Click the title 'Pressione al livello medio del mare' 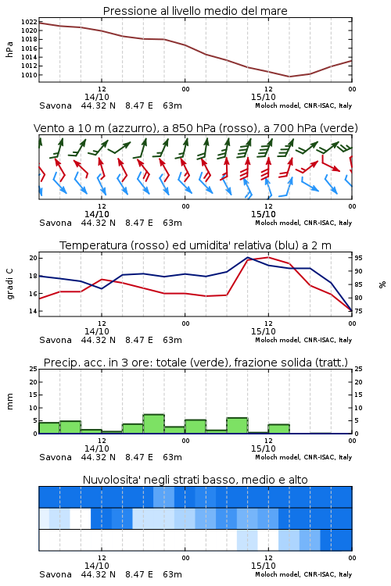point(195,11)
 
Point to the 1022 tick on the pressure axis point(29,22)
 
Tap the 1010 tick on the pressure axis point(29,75)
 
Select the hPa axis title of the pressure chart point(9,49)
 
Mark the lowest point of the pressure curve point(289,77)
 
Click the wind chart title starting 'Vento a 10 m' point(195,128)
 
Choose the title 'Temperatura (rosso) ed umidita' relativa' point(195,245)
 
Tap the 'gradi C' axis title point(9,284)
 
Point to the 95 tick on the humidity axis point(358,258)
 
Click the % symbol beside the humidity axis point(382,284)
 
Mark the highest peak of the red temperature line point(268,257)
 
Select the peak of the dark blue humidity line point(247,257)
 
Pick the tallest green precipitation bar point(154,423)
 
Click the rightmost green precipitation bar point(278,429)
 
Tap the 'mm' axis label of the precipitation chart point(9,402)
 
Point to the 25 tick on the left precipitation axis point(34,369)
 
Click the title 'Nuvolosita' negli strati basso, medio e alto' point(195,480)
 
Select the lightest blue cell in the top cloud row point(164,497)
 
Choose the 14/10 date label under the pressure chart point(96,97)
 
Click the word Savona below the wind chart point(56,223)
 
